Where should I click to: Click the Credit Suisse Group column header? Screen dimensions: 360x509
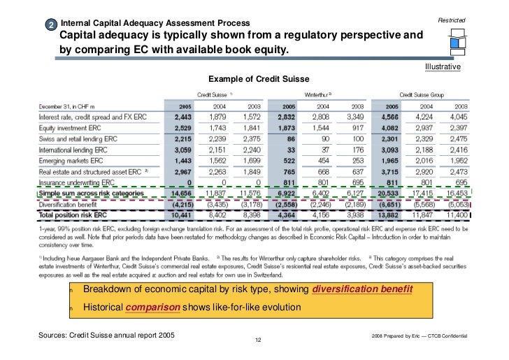(422, 94)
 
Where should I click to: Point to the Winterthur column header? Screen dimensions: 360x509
(317, 94)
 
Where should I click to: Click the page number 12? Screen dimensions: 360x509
(257, 340)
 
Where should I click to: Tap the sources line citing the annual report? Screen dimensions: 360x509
(109, 336)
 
